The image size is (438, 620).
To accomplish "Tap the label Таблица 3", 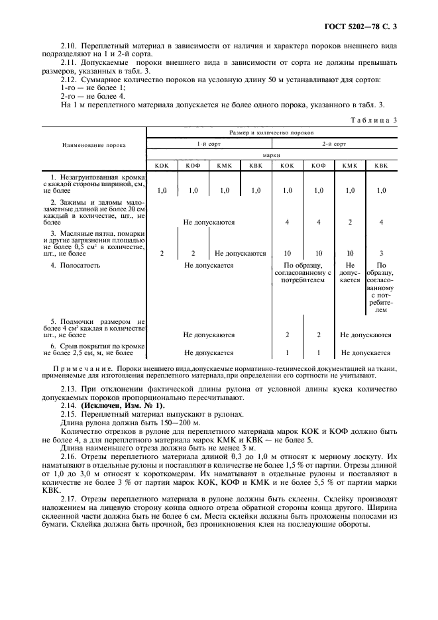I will pyautogui.click(x=376, y=120).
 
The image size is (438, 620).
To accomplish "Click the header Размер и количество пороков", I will pyautogui.click(x=271, y=132).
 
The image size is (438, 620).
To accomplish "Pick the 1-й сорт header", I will pyautogui.click(x=208, y=144).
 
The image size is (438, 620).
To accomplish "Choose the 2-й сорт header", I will pyautogui.click(x=334, y=144).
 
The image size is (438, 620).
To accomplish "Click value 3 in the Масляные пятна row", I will pyautogui.click(x=380, y=253).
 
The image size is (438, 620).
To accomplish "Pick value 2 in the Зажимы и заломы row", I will pyautogui.click(x=350, y=222).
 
